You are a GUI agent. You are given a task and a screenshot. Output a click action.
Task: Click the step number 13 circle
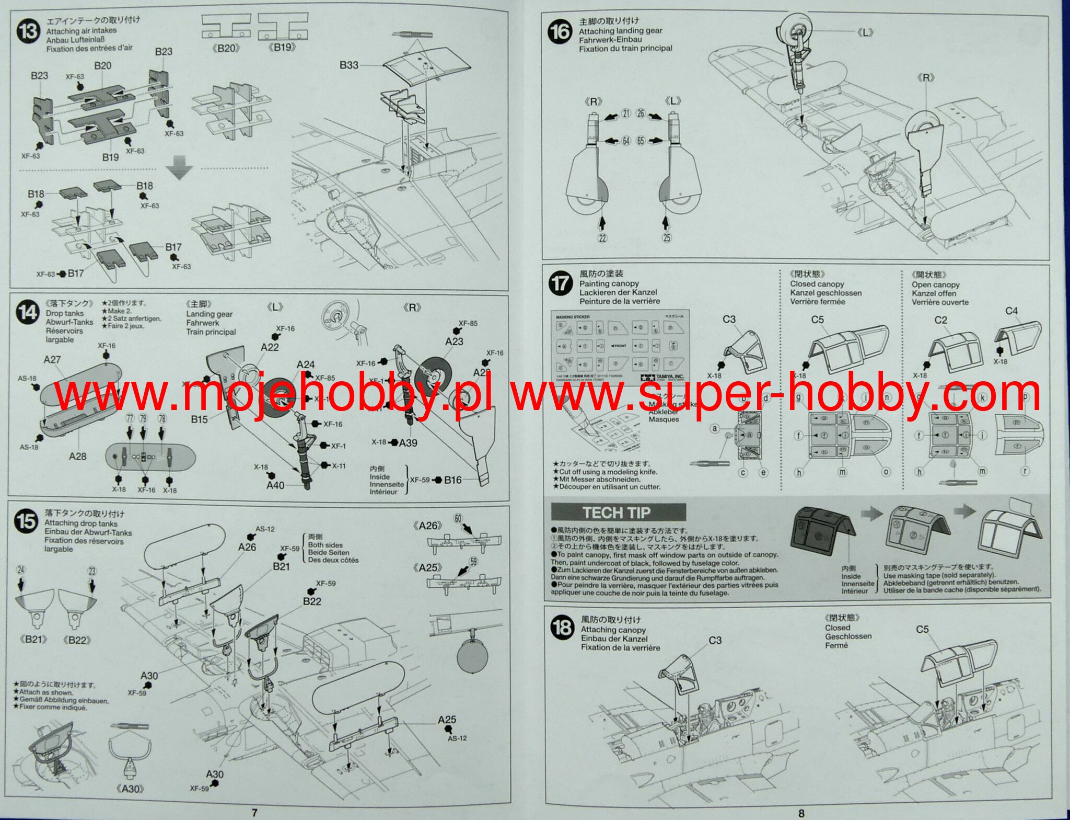[28, 31]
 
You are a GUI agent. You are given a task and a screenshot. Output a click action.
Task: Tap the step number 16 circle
[560, 31]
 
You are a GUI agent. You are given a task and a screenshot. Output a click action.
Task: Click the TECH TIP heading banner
[619, 512]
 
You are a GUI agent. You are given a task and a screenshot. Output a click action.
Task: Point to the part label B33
[349, 65]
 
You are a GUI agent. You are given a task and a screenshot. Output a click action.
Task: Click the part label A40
[275, 485]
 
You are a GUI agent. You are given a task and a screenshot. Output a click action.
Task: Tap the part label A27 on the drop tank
[52, 359]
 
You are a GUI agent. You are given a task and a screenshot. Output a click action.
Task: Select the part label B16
[453, 480]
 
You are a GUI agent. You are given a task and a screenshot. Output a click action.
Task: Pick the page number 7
[254, 812]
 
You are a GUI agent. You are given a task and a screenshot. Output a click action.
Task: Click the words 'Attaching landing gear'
[620, 31]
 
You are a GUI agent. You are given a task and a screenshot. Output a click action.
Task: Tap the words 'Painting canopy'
[609, 283]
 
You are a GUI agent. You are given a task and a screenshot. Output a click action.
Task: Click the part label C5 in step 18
[922, 629]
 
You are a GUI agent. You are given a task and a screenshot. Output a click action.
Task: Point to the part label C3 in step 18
[715, 640]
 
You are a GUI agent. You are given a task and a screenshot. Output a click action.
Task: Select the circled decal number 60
[458, 518]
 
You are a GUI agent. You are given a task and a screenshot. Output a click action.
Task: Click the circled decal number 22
[602, 238]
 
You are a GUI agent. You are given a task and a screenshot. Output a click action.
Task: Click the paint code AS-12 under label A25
[457, 738]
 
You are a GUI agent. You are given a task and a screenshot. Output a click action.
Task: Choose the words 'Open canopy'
[935, 284]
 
